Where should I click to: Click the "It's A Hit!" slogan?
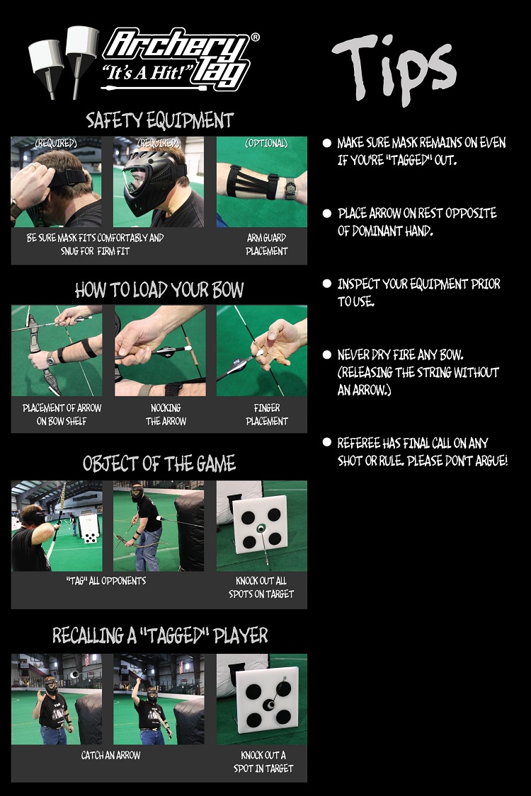click(x=144, y=72)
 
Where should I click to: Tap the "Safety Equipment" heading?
click(x=159, y=120)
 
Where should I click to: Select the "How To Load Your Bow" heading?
click(x=159, y=290)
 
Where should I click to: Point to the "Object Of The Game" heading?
click(x=159, y=463)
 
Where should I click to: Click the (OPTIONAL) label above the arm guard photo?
click(x=266, y=144)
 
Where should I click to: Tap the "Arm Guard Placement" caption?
click(x=267, y=244)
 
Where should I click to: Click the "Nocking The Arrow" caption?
click(x=166, y=414)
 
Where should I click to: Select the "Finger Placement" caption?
click(x=267, y=414)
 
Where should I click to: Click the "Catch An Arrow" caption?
click(x=110, y=756)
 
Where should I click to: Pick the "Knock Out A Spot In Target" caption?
click(x=263, y=761)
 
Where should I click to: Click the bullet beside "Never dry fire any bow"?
click(x=327, y=355)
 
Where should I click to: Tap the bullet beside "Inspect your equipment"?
click(x=327, y=284)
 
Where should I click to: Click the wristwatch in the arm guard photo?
click(x=291, y=190)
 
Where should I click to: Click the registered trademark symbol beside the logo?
click(x=255, y=37)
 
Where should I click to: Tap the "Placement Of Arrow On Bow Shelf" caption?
click(x=62, y=414)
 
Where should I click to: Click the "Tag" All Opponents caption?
click(x=106, y=581)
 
